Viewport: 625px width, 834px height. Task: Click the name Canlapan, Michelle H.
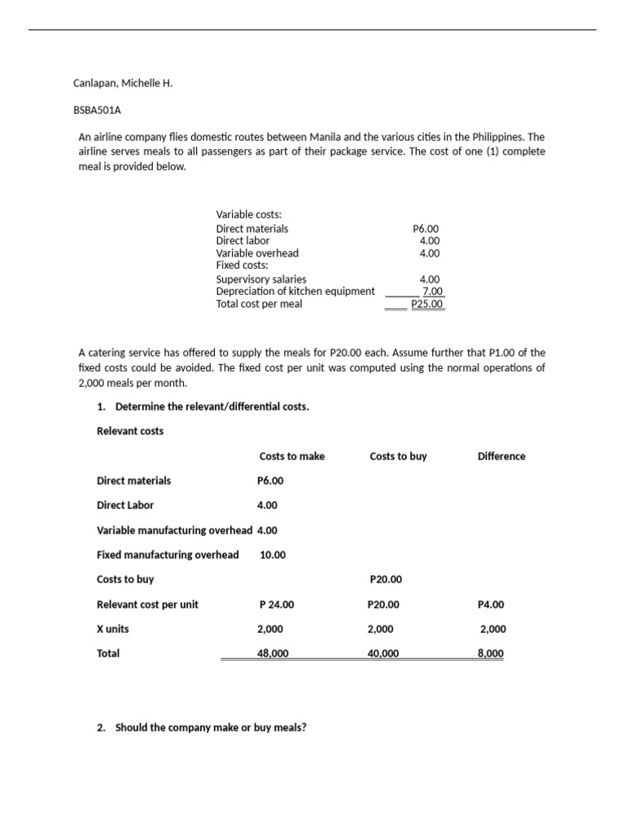pyautogui.click(x=123, y=83)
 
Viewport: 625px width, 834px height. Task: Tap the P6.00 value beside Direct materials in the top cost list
pyautogui.click(x=426, y=229)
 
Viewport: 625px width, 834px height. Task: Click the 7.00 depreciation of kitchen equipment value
pyautogui.click(x=431, y=291)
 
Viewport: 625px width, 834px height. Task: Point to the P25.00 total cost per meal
pyautogui.click(x=426, y=304)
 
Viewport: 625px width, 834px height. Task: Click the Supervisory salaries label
pyautogui.click(x=261, y=279)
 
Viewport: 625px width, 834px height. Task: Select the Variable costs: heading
pyautogui.click(x=248, y=214)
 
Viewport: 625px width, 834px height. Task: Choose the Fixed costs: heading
pyautogui.click(x=242, y=265)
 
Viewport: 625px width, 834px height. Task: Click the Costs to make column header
pyautogui.click(x=291, y=456)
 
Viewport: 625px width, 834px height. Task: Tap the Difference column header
pyautogui.click(x=501, y=456)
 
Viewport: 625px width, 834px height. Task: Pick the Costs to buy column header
pyautogui.click(x=398, y=456)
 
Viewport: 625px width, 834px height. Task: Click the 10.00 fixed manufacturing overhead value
pyautogui.click(x=273, y=555)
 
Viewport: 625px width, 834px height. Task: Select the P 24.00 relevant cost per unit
pyautogui.click(x=277, y=604)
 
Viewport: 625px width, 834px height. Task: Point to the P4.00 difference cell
pyautogui.click(x=491, y=604)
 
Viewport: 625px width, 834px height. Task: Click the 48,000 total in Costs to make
pyautogui.click(x=272, y=653)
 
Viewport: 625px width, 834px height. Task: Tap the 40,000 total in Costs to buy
pyautogui.click(x=382, y=653)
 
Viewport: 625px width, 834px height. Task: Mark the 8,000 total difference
pyautogui.click(x=491, y=653)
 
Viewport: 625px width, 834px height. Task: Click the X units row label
pyautogui.click(x=112, y=629)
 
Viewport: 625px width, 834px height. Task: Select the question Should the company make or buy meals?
pyautogui.click(x=211, y=727)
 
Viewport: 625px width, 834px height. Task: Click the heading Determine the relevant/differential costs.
pyautogui.click(x=212, y=406)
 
